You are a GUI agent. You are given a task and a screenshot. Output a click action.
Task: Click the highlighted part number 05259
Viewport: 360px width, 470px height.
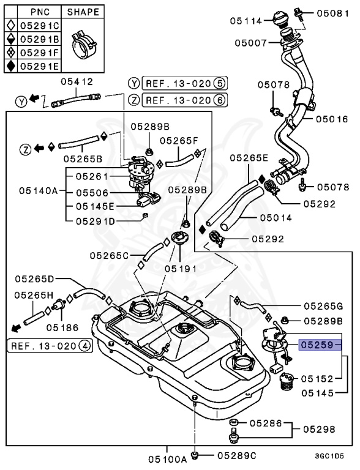[316, 345]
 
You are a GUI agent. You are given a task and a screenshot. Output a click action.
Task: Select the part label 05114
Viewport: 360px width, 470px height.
[246, 21]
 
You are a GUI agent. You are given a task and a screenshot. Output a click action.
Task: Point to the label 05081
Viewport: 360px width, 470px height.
[332, 12]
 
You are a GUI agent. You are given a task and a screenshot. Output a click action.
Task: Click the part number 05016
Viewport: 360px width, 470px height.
[332, 119]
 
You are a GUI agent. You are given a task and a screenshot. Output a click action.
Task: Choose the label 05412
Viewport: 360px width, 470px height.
[77, 82]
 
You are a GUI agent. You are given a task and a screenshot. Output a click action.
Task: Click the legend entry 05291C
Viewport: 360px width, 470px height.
[40, 26]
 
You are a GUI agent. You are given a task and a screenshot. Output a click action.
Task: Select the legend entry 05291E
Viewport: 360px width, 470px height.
[40, 66]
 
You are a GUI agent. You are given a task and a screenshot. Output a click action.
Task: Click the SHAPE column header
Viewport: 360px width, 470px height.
[83, 12]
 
